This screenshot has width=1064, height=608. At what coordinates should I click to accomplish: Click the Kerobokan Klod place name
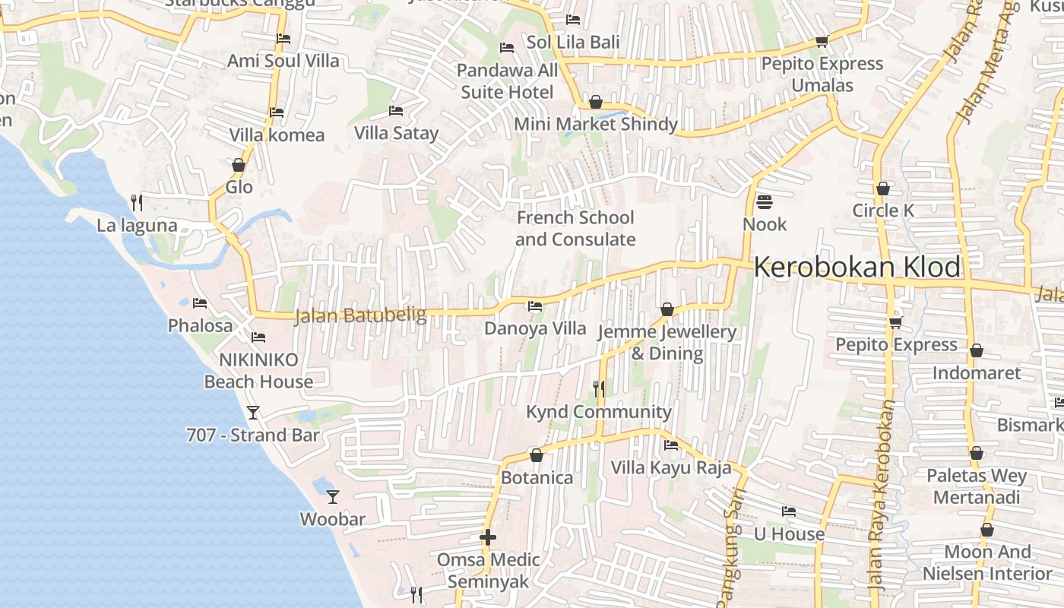click(857, 268)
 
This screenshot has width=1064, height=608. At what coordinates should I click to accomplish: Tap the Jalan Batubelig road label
click(360, 315)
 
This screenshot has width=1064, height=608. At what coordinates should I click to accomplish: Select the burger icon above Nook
click(765, 202)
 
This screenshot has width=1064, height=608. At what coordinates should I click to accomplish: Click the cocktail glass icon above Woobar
click(333, 497)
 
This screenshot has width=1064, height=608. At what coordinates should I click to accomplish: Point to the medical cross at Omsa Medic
click(488, 537)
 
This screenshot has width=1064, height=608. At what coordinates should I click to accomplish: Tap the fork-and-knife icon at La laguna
click(137, 202)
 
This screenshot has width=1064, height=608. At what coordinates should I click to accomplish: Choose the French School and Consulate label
click(575, 229)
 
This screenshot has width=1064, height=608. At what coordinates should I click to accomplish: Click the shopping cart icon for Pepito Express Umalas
click(822, 41)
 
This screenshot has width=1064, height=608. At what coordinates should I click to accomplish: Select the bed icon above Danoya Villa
click(535, 306)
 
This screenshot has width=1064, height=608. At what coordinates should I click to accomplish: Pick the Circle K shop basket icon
click(883, 188)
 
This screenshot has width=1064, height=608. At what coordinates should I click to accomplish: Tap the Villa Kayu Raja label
click(671, 467)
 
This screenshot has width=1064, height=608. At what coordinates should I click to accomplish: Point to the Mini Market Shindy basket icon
click(596, 102)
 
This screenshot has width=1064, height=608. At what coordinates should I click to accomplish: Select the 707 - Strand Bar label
click(253, 435)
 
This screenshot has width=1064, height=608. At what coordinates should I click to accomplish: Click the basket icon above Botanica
click(537, 455)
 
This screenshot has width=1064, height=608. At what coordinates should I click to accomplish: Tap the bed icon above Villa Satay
click(396, 111)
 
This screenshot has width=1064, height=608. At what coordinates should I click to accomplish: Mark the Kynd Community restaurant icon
click(599, 389)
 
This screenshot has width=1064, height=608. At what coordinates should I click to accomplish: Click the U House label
click(788, 534)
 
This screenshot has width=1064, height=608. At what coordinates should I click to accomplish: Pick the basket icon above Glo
click(239, 165)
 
